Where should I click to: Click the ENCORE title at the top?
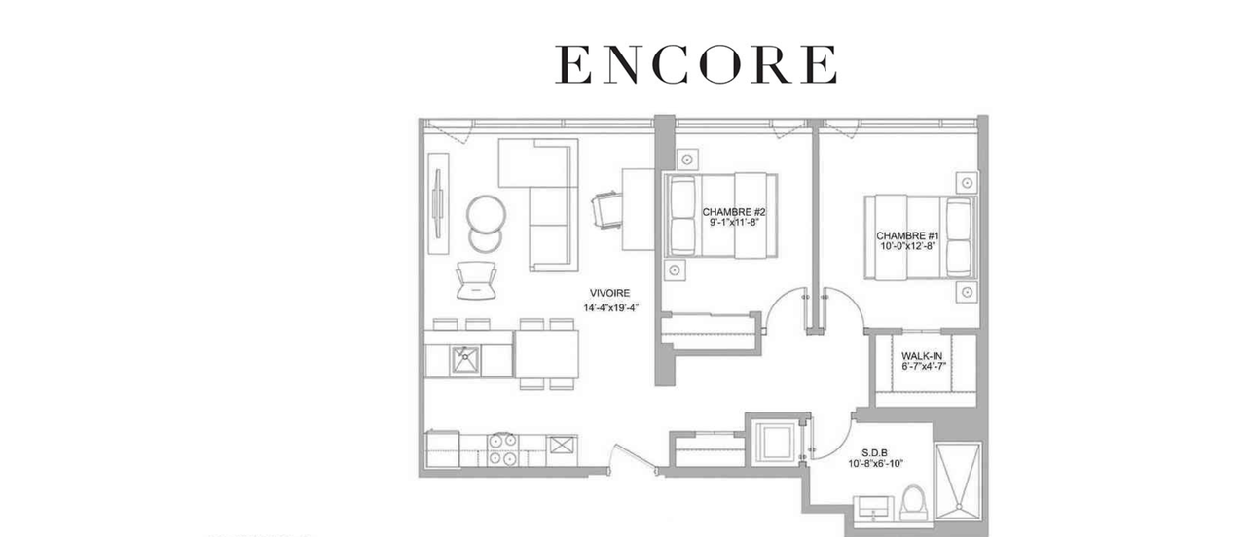(x=696, y=64)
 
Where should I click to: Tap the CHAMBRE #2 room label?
(x=734, y=212)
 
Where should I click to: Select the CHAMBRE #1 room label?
(x=907, y=235)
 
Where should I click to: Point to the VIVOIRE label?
(x=609, y=293)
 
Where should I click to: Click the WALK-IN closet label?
(x=922, y=356)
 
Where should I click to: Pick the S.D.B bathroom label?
(x=875, y=452)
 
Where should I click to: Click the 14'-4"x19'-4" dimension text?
(x=610, y=307)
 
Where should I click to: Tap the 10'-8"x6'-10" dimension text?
(x=875, y=464)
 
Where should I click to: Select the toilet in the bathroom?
(x=914, y=503)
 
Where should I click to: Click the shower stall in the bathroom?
(x=958, y=481)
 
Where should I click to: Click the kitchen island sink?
(x=464, y=361)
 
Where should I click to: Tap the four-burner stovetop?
(x=503, y=449)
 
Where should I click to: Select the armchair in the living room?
(x=476, y=279)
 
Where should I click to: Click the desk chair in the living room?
(x=606, y=209)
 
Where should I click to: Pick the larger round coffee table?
(x=486, y=213)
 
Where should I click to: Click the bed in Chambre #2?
(x=719, y=215)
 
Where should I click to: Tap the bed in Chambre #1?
(x=921, y=236)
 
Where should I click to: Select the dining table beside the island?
(x=547, y=354)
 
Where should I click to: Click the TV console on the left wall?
(x=438, y=203)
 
